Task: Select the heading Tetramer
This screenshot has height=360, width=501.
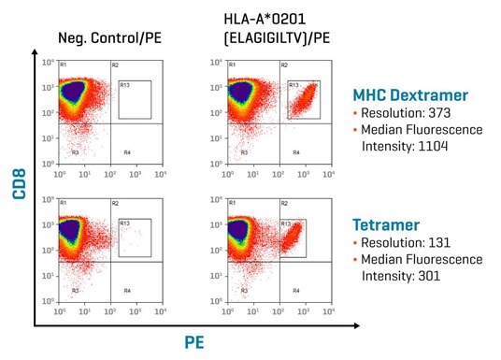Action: click(x=385, y=224)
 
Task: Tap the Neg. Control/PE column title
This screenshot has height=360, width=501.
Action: click(x=101, y=38)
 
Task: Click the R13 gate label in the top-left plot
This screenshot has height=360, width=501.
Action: click(x=125, y=85)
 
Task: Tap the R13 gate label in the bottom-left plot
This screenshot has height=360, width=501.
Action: click(x=125, y=223)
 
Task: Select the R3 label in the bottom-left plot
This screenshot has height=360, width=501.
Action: click(x=75, y=291)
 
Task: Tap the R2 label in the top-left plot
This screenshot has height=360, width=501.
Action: click(x=115, y=65)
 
